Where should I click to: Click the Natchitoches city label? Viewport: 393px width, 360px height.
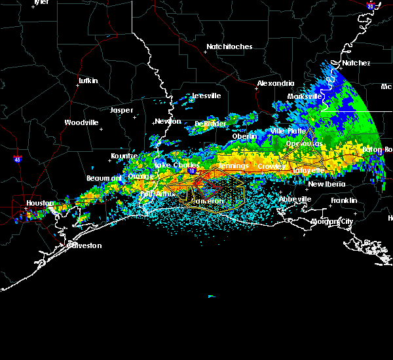point(229,47)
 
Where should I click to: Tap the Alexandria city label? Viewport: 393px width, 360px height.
point(275,84)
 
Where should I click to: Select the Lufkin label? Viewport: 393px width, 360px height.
point(88,81)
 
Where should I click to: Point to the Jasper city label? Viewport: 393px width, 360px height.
point(121,110)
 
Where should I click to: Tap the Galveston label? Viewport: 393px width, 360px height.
point(85,245)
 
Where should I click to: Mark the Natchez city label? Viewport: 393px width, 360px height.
point(356,63)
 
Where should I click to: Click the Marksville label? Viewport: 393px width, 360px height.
point(305,96)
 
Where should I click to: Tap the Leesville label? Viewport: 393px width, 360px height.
point(206,96)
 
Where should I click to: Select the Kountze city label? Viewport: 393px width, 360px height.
point(124,156)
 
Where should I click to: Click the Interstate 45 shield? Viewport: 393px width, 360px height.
point(16,159)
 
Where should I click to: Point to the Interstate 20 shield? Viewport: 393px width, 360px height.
point(371,6)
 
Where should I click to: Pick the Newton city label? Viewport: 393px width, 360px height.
point(168,121)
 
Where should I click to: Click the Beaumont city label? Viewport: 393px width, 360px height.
point(103,178)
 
